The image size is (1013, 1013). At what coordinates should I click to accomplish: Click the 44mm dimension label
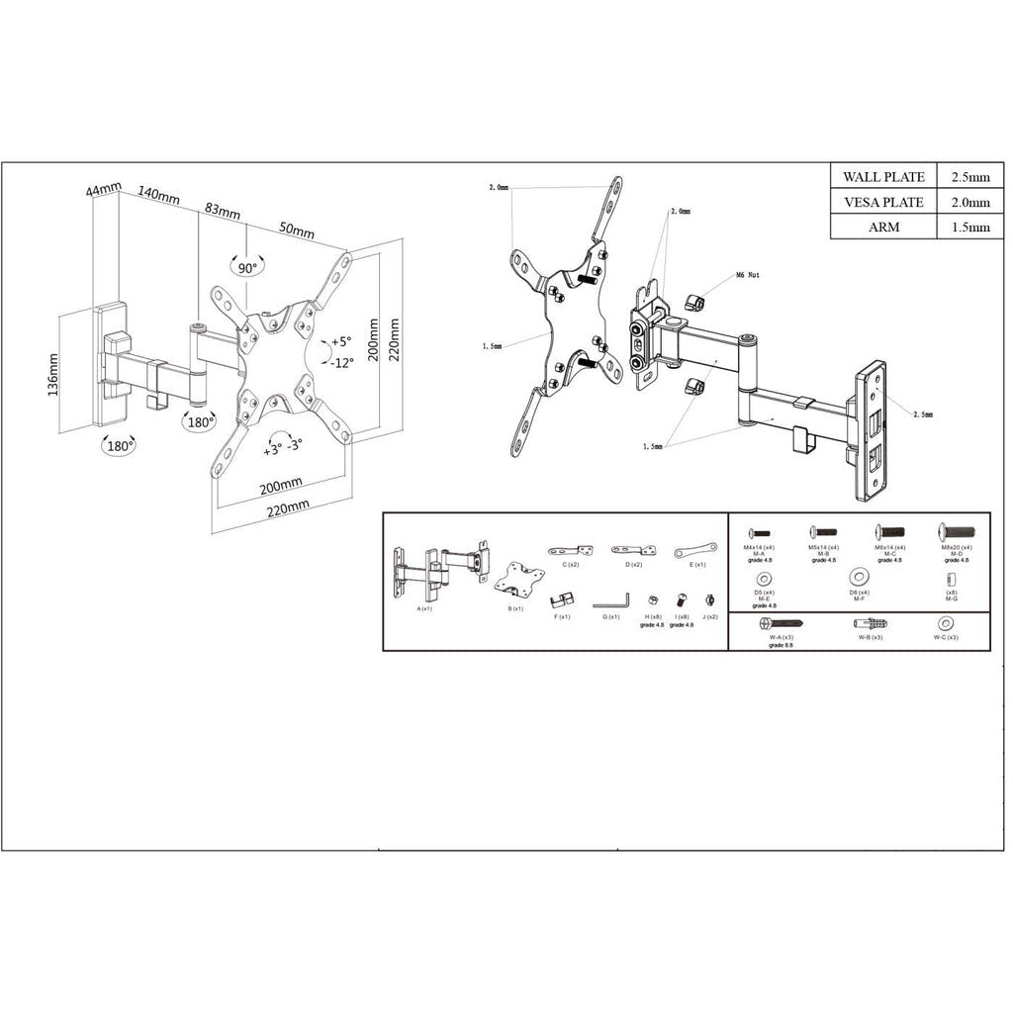pos(104,189)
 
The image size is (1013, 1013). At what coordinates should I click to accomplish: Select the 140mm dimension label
pos(158,195)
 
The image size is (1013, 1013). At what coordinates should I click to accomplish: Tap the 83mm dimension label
pos(223,211)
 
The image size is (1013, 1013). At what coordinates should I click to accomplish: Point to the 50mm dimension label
pos(296,230)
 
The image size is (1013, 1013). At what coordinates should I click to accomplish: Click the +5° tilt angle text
pos(339,341)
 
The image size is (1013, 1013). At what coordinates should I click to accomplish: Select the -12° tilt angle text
pos(341,362)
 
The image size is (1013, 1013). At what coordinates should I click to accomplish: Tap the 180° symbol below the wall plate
pos(120,446)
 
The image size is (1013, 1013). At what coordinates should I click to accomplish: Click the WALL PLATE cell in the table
pos(882,177)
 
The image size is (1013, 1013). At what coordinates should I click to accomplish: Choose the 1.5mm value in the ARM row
pos(969,227)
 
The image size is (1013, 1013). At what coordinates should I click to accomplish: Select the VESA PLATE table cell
pos(882,202)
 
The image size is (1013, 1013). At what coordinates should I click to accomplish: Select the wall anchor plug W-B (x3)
pos(871,624)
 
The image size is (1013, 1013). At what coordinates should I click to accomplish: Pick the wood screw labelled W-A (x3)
pos(782,624)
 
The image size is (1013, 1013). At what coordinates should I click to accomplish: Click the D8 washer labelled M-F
pos(860,577)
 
